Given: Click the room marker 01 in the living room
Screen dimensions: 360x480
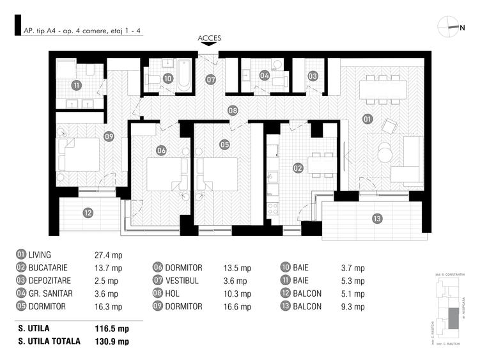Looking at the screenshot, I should pyautogui.click(x=367, y=118).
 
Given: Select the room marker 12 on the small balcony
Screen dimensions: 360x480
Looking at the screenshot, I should pyautogui.click(x=88, y=213).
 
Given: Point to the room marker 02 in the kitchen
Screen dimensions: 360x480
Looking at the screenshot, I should pyautogui.click(x=298, y=168).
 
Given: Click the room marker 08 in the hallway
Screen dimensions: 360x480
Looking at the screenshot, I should pyautogui.click(x=233, y=111).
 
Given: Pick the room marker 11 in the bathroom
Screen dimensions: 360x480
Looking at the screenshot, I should pyautogui.click(x=77, y=85).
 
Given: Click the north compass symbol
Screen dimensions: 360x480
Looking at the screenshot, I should pyautogui.click(x=449, y=27).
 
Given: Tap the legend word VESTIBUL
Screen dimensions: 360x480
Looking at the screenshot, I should pyautogui.click(x=185, y=281).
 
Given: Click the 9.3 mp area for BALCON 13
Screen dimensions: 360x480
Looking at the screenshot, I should pyautogui.click(x=352, y=307).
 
